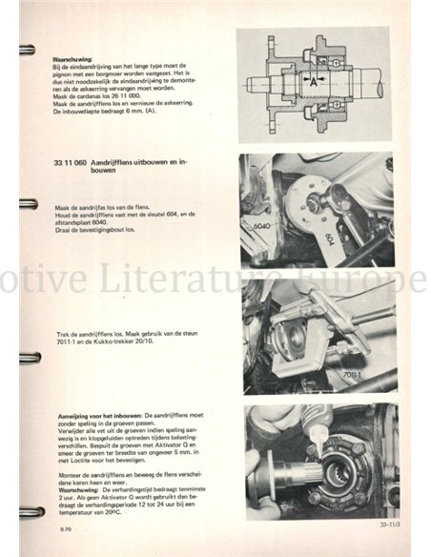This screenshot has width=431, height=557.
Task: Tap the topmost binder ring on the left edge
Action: tap(27, 50)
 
